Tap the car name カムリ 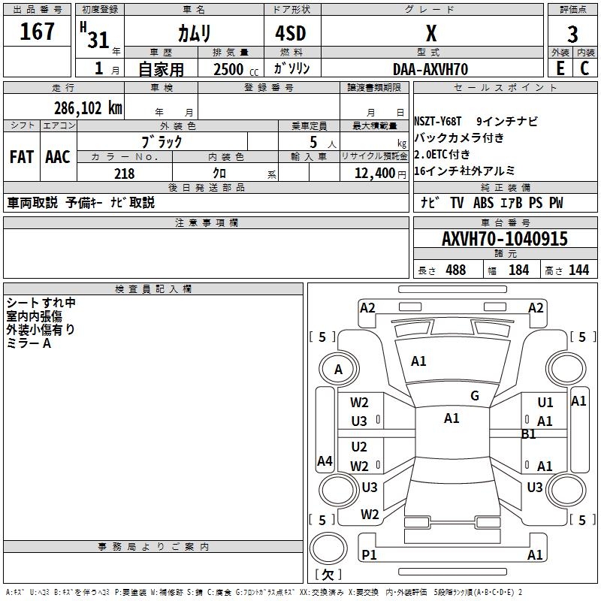click(194, 34)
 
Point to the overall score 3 click(572, 35)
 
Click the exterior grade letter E click(560, 68)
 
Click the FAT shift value click(21, 157)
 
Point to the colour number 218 click(124, 174)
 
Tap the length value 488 click(455, 270)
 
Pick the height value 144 click(578, 270)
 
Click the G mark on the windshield click(475, 396)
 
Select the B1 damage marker click(529, 434)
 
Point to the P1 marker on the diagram click(369, 554)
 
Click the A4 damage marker click(325, 461)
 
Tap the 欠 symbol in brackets click(326, 575)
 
